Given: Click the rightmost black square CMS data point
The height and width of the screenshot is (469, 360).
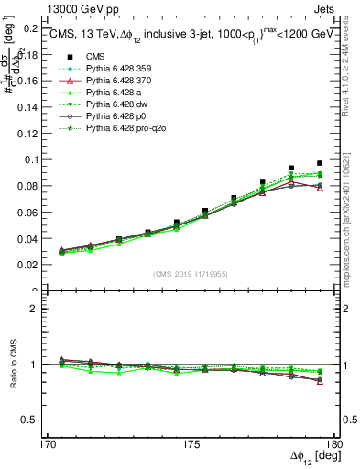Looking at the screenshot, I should coord(320,163).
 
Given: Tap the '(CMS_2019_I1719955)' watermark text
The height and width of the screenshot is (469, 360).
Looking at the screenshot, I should coord(190,273).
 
